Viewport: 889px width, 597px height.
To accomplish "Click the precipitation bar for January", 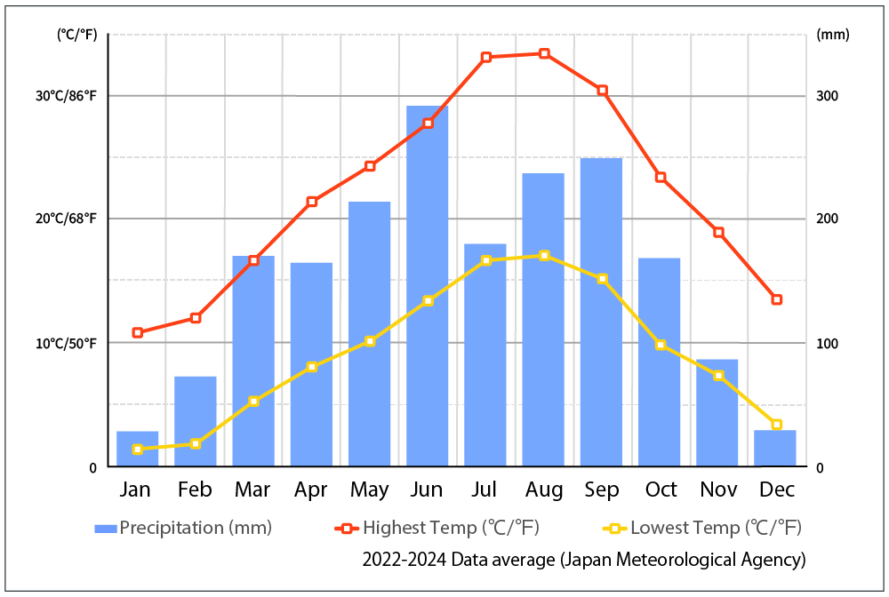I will tap(137, 449).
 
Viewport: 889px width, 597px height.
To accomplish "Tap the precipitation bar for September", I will tap(601, 312).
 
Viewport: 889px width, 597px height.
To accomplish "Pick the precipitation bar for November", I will tap(717, 413).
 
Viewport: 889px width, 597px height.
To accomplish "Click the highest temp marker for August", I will tap(544, 53).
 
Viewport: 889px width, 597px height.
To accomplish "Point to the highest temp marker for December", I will tap(776, 299).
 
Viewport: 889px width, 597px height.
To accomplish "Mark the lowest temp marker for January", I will tap(137, 450).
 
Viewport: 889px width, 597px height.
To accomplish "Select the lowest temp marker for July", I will tap(486, 260).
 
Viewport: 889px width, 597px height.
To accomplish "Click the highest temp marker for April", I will tap(312, 202).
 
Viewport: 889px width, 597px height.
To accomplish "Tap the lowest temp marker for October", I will tap(661, 345).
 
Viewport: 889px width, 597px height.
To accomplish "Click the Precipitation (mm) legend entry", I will tap(183, 528).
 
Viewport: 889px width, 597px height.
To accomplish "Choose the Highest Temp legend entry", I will tap(436, 528).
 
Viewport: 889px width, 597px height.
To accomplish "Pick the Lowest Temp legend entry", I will tap(703, 528).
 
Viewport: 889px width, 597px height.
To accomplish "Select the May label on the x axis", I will tap(370, 490).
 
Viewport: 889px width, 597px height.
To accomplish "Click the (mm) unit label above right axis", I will tap(832, 36).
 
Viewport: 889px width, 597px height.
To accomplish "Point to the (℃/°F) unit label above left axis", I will tap(76, 36).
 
